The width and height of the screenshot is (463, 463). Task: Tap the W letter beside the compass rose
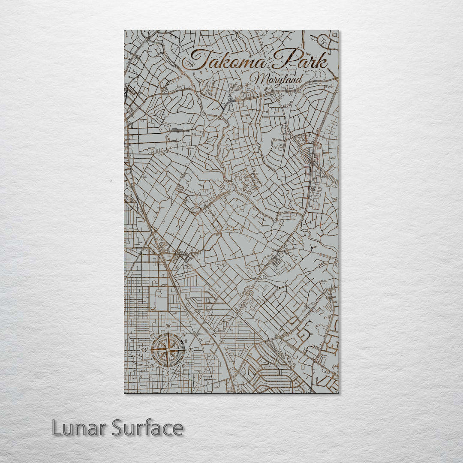tap(144, 350)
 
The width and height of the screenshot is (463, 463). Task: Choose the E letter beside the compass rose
tap(191, 350)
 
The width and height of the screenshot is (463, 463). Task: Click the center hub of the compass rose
tap(168, 350)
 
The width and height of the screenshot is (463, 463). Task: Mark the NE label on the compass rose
tap(184, 335)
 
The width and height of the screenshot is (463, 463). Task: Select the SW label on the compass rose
tap(153, 366)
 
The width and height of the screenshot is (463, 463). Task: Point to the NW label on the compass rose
tap(153, 335)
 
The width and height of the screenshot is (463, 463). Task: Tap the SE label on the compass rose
tap(184, 366)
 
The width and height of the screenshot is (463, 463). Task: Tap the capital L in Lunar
tap(56, 428)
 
